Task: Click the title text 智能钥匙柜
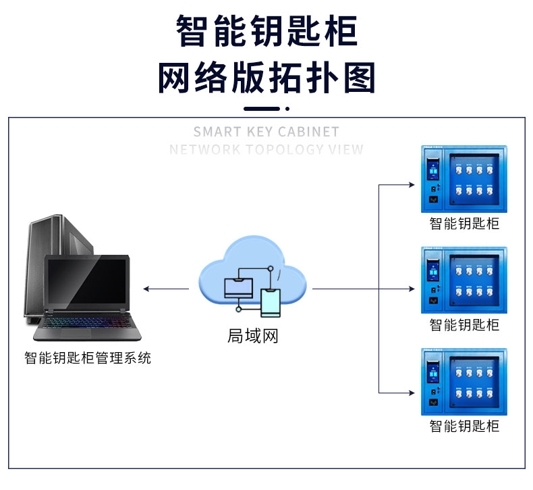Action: pyautogui.click(x=266, y=31)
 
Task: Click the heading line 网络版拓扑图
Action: pyautogui.click(x=266, y=78)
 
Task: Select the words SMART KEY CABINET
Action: pyautogui.click(x=266, y=132)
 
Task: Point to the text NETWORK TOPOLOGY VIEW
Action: pyautogui.click(x=266, y=149)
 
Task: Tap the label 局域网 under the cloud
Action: pyautogui.click(x=253, y=335)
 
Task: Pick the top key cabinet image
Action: pyautogui.click(x=464, y=179)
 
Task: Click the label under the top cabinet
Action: pyautogui.click(x=464, y=224)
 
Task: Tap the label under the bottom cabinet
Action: pyautogui.click(x=464, y=426)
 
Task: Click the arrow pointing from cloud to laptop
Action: pyautogui.click(x=165, y=289)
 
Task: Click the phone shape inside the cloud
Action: pyautogui.click(x=271, y=302)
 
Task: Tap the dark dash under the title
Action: pyautogui.click(x=262, y=108)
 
